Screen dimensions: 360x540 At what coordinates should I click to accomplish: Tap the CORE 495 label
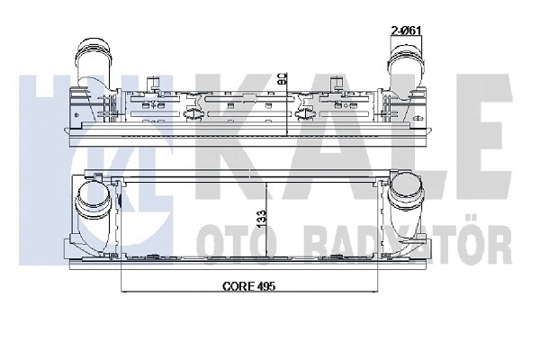[x=247, y=288]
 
